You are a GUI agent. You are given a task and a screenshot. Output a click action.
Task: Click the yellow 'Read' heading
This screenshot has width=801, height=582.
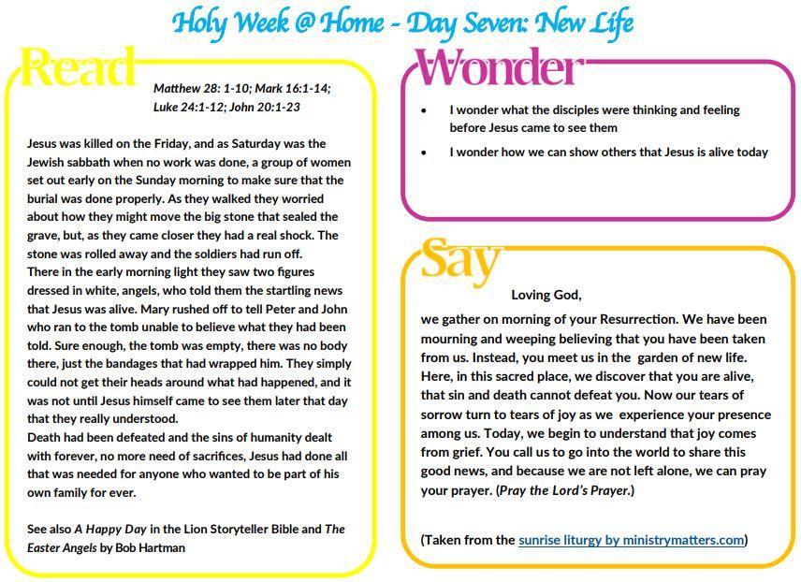point(78,68)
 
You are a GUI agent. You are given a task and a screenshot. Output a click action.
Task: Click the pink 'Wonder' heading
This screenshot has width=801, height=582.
point(499,68)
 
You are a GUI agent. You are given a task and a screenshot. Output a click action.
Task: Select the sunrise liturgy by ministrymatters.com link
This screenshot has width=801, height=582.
point(631,539)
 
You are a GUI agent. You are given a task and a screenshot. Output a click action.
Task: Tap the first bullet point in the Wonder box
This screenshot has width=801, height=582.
point(424,110)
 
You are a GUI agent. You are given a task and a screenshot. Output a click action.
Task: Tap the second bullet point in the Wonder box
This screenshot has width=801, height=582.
point(424,153)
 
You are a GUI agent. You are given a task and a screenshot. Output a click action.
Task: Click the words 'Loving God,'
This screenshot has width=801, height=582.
point(546,295)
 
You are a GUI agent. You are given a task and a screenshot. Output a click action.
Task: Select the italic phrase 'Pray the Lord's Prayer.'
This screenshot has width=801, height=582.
point(565,490)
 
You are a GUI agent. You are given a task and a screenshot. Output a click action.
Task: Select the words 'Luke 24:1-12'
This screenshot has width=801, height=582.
point(187,107)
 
